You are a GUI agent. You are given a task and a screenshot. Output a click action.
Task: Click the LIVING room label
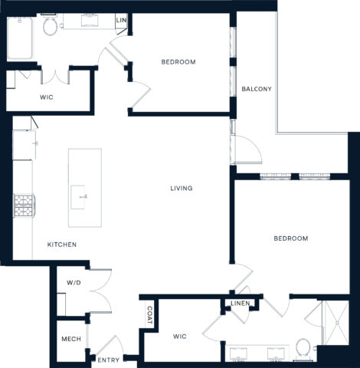pos(181,189)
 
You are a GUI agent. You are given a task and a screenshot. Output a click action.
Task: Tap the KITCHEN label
pos(61,245)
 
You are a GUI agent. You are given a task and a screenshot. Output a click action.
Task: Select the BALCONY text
pos(257,89)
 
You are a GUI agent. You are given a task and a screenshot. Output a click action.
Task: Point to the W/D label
pos(73,283)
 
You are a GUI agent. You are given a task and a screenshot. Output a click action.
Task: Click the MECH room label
pos(71,339)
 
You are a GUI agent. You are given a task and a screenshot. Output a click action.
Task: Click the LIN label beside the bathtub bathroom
pos(120,21)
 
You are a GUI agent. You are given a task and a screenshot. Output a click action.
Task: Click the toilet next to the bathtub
pos(51,28)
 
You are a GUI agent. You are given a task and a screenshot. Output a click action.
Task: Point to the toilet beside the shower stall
pos(303,350)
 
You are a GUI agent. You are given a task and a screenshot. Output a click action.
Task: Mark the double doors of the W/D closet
pos(99,291)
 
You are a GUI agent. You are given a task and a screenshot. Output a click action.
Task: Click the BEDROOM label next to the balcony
pos(178,62)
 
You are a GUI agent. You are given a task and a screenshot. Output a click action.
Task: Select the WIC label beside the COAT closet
pos(179,336)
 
